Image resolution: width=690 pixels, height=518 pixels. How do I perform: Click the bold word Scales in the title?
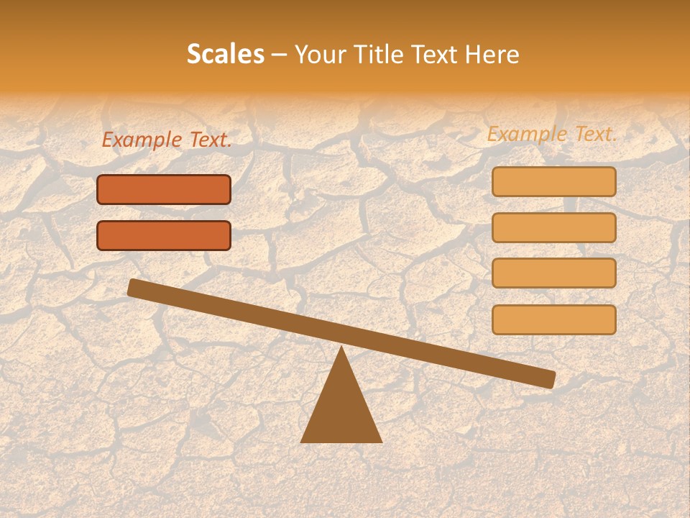[x=225, y=54]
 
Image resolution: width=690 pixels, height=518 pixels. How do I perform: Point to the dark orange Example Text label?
[x=166, y=140]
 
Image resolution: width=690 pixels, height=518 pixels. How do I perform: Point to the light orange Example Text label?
[x=552, y=134]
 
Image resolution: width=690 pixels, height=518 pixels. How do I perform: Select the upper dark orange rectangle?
[x=164, y=189]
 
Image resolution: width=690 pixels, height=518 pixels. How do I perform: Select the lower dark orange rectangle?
[x=164, y=235]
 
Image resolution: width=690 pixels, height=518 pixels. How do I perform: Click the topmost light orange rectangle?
[x=553, y=181]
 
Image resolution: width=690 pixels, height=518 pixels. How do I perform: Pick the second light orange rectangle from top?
[x=553, y=227]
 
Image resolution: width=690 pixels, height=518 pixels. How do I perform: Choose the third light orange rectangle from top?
[x=553, y=273]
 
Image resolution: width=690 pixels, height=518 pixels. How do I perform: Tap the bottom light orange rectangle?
[x=553, y=319]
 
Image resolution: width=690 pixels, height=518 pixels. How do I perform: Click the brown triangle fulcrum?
[x=341, y=410]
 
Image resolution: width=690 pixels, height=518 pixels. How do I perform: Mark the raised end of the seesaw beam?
[x=134, y=288]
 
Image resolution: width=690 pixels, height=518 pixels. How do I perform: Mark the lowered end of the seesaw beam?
[x=549, y=379]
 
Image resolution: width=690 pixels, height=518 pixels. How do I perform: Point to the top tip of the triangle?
[x=341, y=348]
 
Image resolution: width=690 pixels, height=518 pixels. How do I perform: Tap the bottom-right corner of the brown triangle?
[x=380, y=441]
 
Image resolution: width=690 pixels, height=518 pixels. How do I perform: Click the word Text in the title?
[x=439, y=54]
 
